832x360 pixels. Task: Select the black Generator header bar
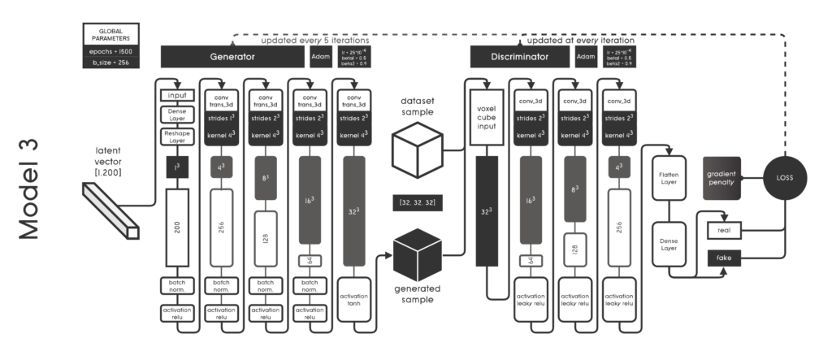(233, 57)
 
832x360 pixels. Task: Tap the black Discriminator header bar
(520, 57)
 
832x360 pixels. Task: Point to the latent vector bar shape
(110, 208)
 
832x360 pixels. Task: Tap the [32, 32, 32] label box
(416, 200)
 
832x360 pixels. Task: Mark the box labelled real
(726, 230)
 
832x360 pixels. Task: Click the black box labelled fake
(726, 258)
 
